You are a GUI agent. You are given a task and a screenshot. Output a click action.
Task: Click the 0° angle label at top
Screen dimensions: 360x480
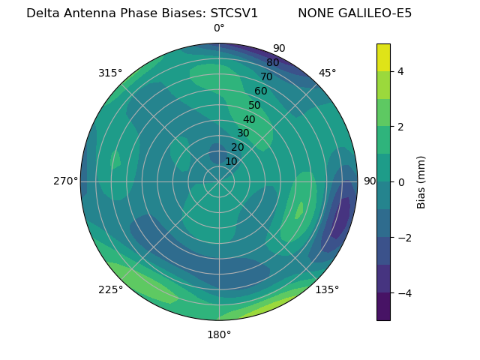click(219, 28)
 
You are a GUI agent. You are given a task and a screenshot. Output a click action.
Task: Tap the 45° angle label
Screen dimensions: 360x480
click(327, 73)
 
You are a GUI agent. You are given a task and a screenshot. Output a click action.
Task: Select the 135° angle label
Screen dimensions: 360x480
click(327, 289)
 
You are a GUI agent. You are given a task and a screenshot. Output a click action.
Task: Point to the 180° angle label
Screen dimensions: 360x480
click(219, 334)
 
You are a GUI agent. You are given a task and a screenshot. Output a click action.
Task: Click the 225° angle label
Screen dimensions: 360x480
click(110, 289)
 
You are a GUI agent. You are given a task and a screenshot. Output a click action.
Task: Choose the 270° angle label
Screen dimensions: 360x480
click(65, 181)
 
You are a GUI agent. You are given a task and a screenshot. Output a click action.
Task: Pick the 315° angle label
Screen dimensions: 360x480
click(110, 73)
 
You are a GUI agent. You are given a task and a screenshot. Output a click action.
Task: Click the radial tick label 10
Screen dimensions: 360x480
click(231, 161)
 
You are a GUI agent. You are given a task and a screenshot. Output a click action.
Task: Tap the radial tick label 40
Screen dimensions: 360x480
click(249, 119)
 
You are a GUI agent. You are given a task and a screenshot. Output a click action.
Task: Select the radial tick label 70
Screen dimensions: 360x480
click(266, 76)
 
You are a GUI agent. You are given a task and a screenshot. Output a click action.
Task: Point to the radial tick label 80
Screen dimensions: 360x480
click(272, 62)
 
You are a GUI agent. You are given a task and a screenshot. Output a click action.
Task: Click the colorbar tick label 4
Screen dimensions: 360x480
click(401, 71)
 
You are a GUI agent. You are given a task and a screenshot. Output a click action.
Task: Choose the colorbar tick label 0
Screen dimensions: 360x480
click(401, 182)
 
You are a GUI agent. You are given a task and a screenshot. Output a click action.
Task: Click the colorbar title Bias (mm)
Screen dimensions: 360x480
click(421, 182)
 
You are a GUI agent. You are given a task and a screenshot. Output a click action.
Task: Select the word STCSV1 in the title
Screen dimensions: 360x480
click(232, 13)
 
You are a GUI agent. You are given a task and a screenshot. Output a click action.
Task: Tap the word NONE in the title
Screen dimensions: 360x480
click(314, 13)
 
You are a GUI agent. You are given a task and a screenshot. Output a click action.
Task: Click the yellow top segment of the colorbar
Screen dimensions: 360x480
click(383, 57)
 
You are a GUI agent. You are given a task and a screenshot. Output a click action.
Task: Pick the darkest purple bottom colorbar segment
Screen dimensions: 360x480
click(383, 307)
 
